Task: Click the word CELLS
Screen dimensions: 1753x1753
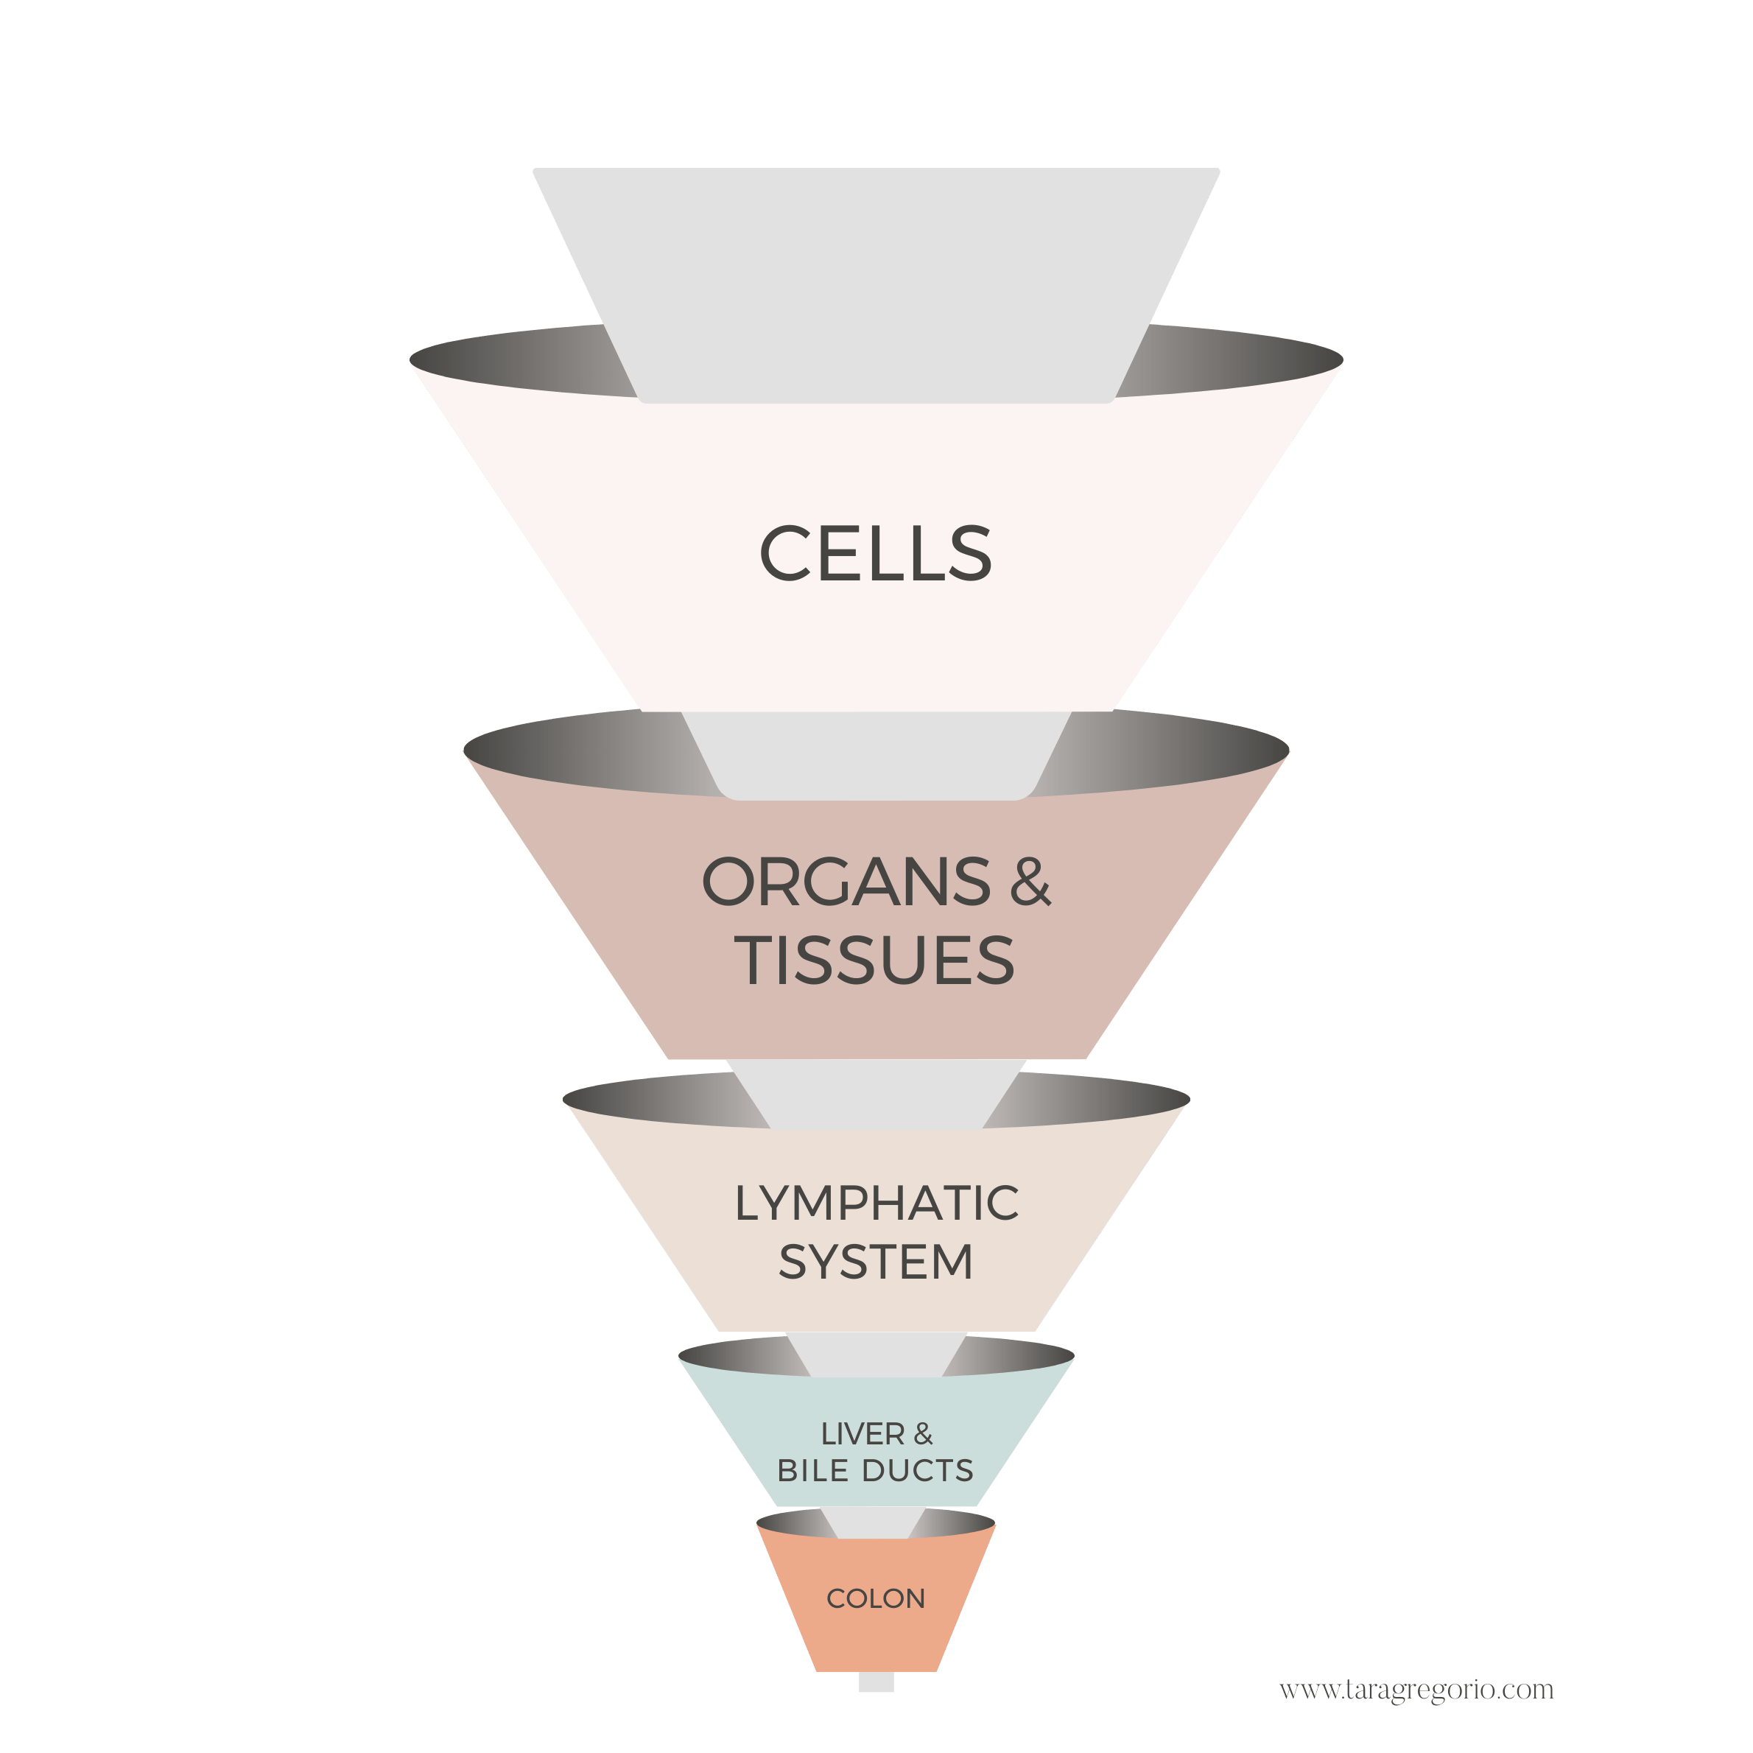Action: point(876,553)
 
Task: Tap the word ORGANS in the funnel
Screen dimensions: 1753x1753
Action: point(846,882)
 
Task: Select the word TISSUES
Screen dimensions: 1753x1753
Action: point(875,960)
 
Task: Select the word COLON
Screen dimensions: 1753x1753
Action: point(876,1599)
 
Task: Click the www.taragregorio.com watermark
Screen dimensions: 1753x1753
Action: point(1416,1690)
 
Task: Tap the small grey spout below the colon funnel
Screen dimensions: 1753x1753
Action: point(876,1683)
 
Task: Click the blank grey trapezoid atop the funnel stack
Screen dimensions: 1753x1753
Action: point(876,273)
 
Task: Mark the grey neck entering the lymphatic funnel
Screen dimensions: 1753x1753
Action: point(876,1093)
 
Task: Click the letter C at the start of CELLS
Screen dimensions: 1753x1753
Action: point(785,553)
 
